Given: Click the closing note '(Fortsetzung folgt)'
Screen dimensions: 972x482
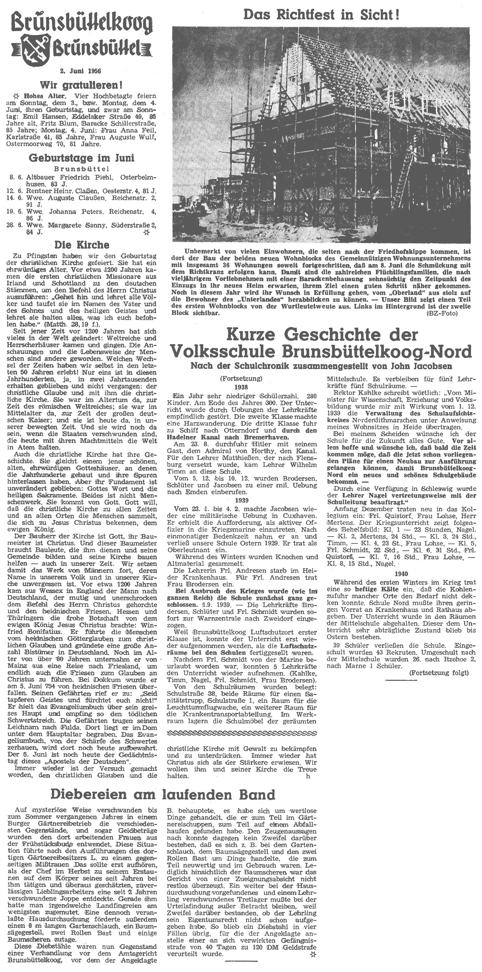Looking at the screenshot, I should (x=439, y=673).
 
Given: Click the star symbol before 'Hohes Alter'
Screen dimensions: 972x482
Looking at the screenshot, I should (x=16, y=95).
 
